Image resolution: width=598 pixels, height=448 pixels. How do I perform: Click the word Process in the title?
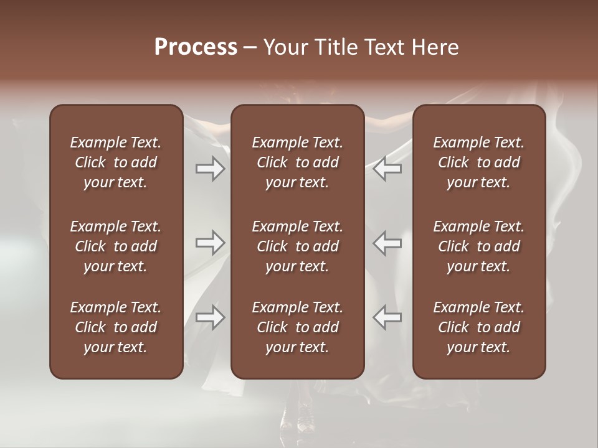tap(196, 47)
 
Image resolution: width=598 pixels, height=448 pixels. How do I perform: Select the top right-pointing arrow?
tap(211, 169)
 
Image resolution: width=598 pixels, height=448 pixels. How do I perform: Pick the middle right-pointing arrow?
tap(211, 243)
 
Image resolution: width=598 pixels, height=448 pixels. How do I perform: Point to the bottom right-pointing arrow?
tap(211, 317)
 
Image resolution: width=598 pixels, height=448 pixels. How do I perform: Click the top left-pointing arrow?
tap(387, 169)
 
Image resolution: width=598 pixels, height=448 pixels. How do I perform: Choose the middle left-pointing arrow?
tap(387, 243)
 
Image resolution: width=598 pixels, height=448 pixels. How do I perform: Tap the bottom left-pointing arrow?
tap(387, 317)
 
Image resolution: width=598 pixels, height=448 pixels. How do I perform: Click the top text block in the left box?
tap(116, 162)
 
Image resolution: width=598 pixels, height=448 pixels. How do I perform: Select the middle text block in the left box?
tap(116, 246)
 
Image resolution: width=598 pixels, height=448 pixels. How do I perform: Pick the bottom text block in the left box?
tap(116, 327)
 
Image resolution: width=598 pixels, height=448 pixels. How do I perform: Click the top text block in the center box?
tap(298, 162)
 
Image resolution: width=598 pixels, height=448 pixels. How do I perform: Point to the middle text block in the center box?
tap(298, 246)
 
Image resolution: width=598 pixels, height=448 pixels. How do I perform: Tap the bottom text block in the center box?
tap(298, 327)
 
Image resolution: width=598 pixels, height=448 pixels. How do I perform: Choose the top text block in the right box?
tap(479, 162)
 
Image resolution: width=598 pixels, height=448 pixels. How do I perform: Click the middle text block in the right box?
tap(479, 246)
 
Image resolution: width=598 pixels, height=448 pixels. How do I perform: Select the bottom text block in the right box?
tap(479, 327)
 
